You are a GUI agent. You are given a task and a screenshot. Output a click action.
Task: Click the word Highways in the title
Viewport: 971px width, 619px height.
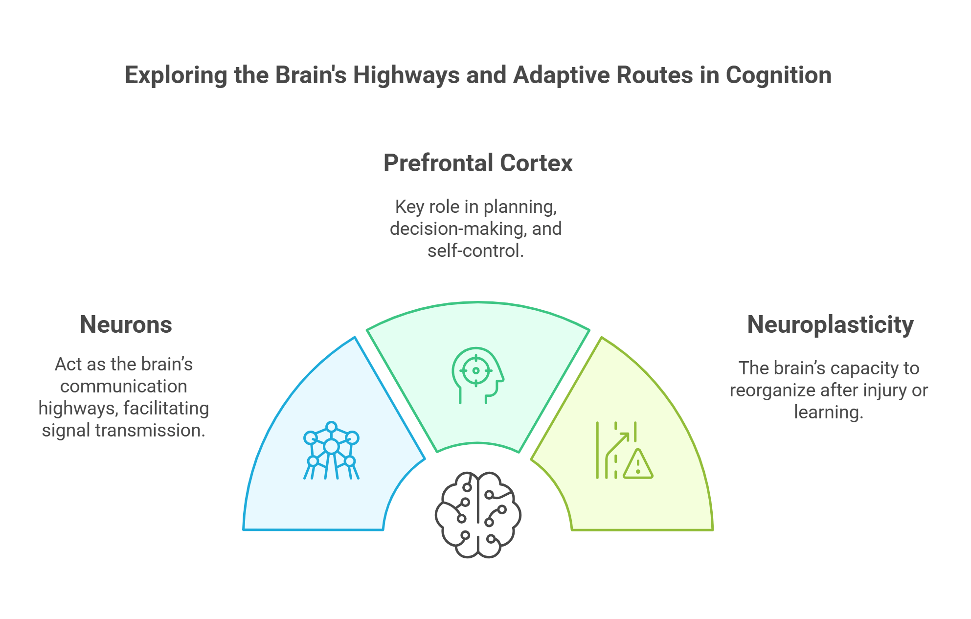click(x=406, y=75)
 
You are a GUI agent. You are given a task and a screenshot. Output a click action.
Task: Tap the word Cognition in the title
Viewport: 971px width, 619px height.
click(x=778, y=75)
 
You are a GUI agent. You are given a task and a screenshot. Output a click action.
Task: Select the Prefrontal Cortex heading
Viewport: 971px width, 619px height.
click(x=478, y=163)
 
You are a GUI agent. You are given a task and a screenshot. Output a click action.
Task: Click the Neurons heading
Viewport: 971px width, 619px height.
click(x=126, y=324)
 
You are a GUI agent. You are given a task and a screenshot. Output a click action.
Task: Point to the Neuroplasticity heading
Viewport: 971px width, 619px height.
click(x=830, y=324)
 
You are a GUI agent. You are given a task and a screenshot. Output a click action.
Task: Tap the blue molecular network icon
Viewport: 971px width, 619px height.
click(x=331, y=451)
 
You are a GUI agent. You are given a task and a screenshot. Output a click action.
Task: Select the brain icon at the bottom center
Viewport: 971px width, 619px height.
click(x=478, y=514)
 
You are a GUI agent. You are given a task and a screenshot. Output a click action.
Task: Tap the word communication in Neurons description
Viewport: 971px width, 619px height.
click(x=124, y=387)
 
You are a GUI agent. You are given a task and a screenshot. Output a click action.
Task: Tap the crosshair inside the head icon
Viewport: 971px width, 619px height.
click(x=475, y=370)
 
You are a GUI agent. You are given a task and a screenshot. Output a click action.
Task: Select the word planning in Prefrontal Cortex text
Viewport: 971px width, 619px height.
click(x=519, y=207)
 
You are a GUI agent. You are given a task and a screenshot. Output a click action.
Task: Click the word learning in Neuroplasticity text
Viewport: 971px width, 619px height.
click(x=828, y=413)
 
